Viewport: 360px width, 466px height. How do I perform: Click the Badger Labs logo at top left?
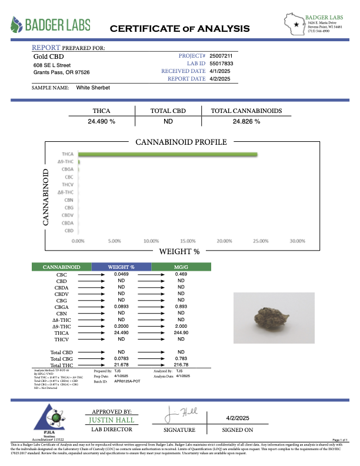pos(51,25)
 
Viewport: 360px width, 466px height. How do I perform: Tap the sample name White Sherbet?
pos(93,87)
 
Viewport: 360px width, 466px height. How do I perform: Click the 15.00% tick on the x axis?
pos(187,241)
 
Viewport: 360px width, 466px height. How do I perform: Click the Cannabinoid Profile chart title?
pos(181,142)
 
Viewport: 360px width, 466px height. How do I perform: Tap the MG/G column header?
pos(181,267)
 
